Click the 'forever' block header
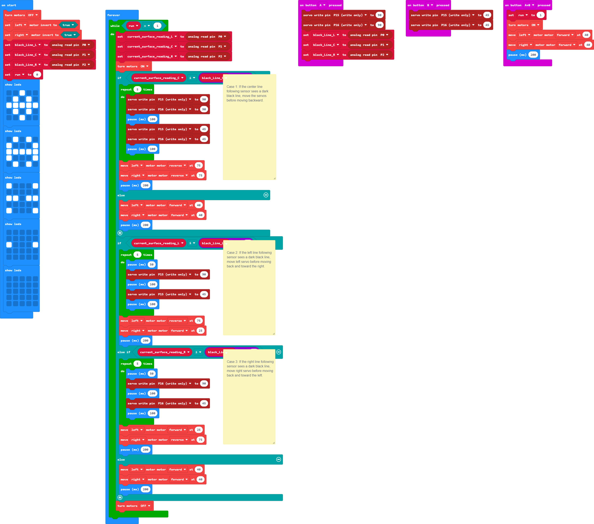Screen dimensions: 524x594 click(113, 15)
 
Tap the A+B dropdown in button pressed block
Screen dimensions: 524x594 click(529, 5)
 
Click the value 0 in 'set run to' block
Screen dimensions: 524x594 click(37, 74)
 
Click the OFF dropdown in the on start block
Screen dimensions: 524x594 click(33, 15)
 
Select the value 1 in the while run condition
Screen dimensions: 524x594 click(157, 26)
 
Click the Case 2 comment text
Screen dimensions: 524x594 click(249, 259)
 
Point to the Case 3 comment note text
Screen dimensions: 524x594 click(250, 368)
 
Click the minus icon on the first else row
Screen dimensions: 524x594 click(266, 195)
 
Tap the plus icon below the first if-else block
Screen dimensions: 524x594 click(120, 233)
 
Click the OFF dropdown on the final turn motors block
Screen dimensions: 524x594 click(145, 506)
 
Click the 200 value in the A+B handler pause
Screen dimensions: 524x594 click(533, 55)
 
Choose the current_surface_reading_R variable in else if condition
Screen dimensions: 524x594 click(164, 352)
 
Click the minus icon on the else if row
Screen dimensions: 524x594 click(278, 352)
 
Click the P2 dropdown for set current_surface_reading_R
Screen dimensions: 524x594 click(222, 56)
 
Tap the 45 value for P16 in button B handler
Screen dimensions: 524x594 click(487, 25)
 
